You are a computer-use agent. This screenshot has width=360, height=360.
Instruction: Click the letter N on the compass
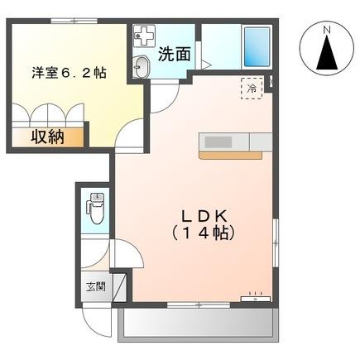327,31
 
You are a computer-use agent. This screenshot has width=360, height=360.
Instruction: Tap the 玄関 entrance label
94,287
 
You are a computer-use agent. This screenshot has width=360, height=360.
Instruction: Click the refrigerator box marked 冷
249,87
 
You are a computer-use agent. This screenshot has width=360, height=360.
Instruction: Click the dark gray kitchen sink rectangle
223,142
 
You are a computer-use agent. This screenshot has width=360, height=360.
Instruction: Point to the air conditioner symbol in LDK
255,295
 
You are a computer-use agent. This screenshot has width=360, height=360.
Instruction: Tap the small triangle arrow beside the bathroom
207,64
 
